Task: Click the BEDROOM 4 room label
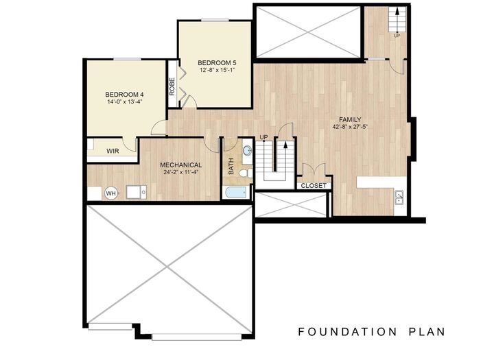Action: (x=124, y=94)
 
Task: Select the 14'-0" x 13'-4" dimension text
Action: (x=124, y=102)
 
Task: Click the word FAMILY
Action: (x=350, y=119)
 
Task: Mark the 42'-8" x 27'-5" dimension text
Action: (x=350, y=126)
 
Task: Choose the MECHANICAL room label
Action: (x=180, y=165)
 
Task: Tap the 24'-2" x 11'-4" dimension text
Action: (x=180, y=173)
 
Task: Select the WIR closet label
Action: (x=113, y=151)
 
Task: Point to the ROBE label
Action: (x=172, y=87)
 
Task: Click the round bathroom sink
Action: (x=247, y=150)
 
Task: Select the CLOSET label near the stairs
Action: (x=313, y=185)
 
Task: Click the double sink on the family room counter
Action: (x=399, y=198)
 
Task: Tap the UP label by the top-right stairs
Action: (x=397, y=36)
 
